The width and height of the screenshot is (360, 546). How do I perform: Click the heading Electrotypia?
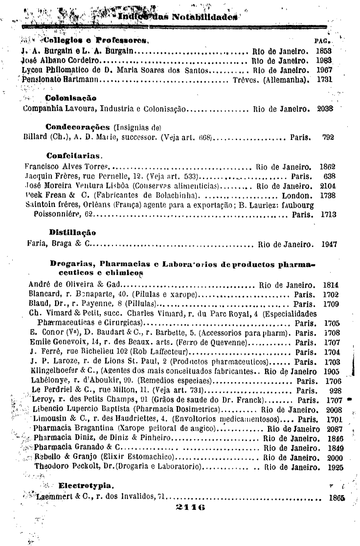click(x=86, y=486)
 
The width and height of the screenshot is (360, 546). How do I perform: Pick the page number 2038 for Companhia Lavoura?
click(x=325, y=109)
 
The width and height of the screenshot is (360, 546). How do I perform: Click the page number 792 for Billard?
click(x=328, y=137)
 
